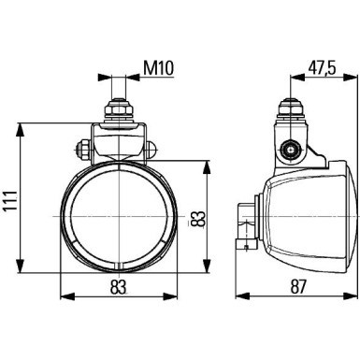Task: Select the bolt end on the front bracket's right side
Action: click(151, 147)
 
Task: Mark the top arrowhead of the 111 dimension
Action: click(22, 123)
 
